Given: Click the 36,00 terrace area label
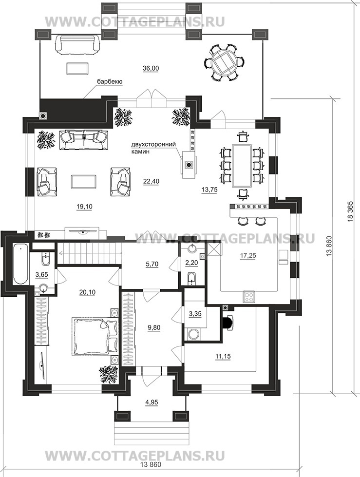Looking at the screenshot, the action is click(x=151, y=68).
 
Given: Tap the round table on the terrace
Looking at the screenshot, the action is click(x=225, y=63).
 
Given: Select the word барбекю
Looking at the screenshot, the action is click(x=110, y=81).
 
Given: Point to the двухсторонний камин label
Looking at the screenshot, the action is click(x=153, y=148).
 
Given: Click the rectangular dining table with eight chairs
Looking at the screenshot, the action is click(x=242, y=166).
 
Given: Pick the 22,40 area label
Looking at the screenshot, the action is click(x=151, y=182).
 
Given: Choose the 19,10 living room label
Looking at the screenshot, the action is click(x=84, y=207).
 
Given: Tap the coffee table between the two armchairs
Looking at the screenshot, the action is click(x=84, y=181).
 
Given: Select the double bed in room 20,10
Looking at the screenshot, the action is click(x=94, y=336).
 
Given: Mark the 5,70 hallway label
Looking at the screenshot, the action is click(x=152, y=264).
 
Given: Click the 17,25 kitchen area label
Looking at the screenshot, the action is click(x=248, y=256).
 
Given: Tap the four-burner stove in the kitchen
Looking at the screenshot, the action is click(x=249, y=297).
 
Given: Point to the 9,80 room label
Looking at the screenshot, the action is click(x=154, y=328).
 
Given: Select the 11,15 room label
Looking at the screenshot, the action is click(x=223, y=356).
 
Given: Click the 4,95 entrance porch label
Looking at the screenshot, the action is click(x=152, y=402).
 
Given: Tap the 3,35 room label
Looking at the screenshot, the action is click(x=195, y=314).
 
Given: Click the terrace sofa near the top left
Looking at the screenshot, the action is click(x=77, y=45).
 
